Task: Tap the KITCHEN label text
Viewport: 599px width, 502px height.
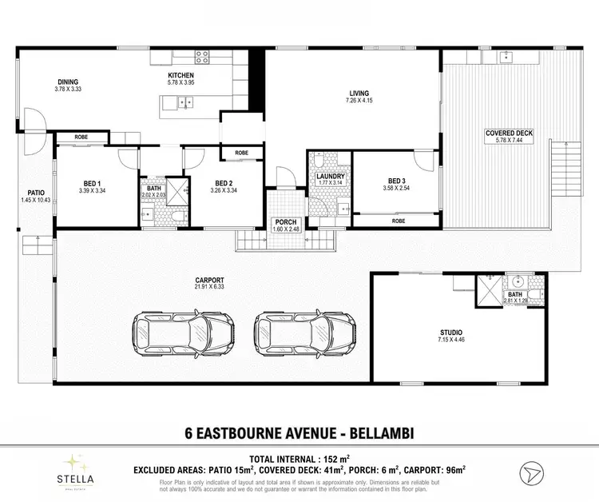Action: (x=180, y=74)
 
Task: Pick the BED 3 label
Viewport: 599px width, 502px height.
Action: (x=397, y=181)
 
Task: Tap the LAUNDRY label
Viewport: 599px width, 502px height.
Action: (x=329, y=176)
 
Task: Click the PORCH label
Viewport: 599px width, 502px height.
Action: (x=285, y=223)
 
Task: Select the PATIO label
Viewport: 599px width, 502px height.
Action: (x=35, y=192)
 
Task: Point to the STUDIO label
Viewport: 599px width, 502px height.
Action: (x=451, y=332)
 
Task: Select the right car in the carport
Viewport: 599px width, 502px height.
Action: (x=304, y=329)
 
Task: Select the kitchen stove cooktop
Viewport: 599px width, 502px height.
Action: (x=201, y=57)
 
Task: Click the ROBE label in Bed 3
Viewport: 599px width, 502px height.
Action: (x=397, y=220)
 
